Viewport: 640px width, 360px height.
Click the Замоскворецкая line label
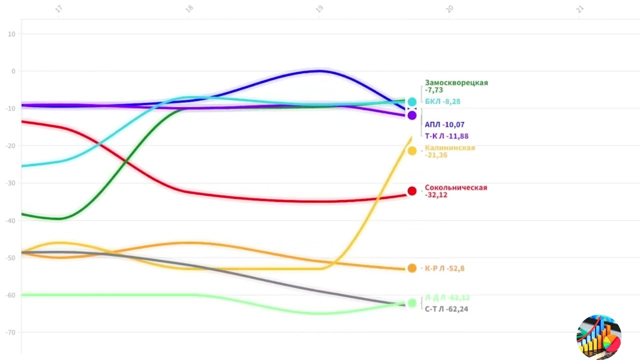(x=456, y=86)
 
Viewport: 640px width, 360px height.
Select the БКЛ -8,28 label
(x=442, y=101)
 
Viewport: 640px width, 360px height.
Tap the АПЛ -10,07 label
(x=444, y=124)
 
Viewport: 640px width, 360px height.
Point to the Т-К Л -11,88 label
(x=446, y=136)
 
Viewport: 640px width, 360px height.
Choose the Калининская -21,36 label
(x=449, y=151)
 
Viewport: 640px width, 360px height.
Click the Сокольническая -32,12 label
(x=455, y=191)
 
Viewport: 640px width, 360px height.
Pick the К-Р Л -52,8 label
(x=444, y=268)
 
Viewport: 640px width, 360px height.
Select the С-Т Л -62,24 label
(x=446, y=309)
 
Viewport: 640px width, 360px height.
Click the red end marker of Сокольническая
(x=412, y=191)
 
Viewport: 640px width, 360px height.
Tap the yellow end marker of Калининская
(x=412, y=150)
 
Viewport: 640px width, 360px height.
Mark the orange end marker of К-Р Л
(x=412, y=268)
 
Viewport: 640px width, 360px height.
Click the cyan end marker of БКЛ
(x=412, y=102)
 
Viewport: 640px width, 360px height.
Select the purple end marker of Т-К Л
(x=412, y=115)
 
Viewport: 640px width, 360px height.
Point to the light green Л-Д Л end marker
(x=412, y=302)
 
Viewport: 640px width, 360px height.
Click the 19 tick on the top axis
(x=319, y=9)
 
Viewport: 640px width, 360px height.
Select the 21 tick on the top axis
(x=580, y=9)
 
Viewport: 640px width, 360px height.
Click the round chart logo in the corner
(x=598, y=337)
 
